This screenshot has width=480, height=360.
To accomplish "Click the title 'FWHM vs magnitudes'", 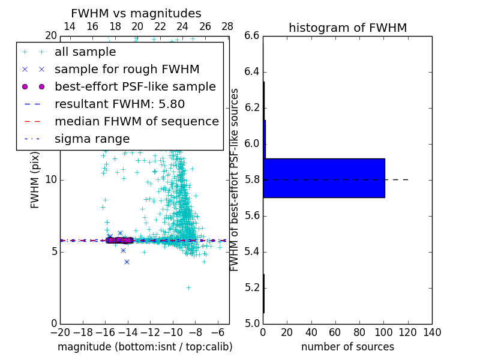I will [x=136, y=13].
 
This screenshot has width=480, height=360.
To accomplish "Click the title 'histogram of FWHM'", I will [x=347, y=28].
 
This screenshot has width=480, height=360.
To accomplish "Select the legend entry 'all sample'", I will [x=85, y=52].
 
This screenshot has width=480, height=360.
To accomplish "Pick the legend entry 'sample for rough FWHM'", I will [x=127, y=69].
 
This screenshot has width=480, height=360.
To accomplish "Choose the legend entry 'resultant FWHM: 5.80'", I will [x=120, y=104].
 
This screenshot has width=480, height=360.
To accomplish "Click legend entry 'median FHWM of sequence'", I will [x=136, y=121].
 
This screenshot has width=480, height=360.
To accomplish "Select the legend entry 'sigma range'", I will [x=92, y=139].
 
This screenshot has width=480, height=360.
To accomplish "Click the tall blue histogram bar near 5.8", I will [x=324, y=178].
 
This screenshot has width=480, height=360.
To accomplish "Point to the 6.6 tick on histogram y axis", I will [x=252, y=36].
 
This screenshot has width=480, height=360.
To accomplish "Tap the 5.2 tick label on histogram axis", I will [x=252, y=287].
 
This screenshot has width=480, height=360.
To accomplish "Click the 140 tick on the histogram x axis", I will [x=432, y=332].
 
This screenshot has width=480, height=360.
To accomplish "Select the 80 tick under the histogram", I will [x=359, y=332].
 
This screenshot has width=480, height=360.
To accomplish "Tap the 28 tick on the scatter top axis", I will [x=227, y=26].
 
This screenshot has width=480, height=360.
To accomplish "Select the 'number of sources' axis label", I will [x=347, y=347].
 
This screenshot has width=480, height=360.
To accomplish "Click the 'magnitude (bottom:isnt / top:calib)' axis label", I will [x=145, y=347].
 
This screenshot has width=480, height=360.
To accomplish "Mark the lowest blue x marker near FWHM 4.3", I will [x=127, y=262].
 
